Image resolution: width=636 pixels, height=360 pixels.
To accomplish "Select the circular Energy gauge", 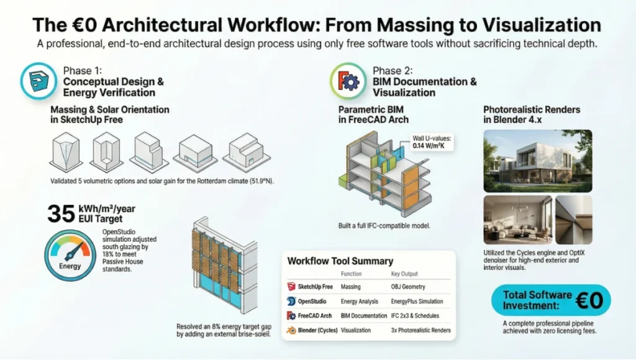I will (x=70, y=256).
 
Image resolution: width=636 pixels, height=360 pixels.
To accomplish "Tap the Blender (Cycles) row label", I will (x=314, y=330).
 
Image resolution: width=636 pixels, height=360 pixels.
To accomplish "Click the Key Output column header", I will (x=404, y=274).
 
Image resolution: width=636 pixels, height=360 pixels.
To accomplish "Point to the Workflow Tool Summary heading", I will (x=340, y=261).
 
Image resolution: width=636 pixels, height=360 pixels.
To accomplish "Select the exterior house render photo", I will (x=537, y=161).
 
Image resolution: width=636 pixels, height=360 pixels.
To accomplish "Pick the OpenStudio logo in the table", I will (x=291, y=301).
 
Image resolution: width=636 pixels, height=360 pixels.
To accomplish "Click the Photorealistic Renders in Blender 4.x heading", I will (x=532, y=115).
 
